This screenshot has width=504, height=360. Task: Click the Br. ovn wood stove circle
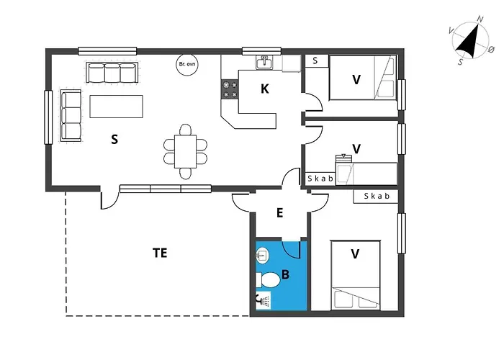(x=186, y=64)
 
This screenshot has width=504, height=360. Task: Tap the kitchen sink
(x=264, y=63)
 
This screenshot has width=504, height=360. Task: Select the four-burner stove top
(x=230, y=90)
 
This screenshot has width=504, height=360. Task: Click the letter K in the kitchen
(x=264, y=89)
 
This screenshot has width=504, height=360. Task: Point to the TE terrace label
(x=160, y=253)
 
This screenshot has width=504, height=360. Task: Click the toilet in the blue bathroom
(x=268, y=280)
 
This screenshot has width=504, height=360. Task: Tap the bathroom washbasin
(x=262, y=256)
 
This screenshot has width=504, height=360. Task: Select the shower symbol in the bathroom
(x=264, y=300)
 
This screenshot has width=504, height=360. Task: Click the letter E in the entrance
(x=279, y=213)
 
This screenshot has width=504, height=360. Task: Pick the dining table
(x=186, y=151)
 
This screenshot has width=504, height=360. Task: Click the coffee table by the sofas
(x=117, y=107)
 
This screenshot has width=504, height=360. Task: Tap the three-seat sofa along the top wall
(x=112, y=72)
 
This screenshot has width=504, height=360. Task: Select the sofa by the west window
(x=71, y=116)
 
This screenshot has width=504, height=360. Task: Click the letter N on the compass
(x=480, y=19)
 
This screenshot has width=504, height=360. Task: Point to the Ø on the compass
(x=491, y=50)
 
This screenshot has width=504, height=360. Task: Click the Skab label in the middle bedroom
(x=320, y=179)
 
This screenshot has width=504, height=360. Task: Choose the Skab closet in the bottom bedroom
(x=376, y=197)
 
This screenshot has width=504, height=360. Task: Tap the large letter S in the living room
(x=114, y=139)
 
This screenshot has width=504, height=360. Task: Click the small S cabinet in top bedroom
(x=316, y=61)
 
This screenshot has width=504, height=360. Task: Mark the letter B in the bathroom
(x=285, y=274)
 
